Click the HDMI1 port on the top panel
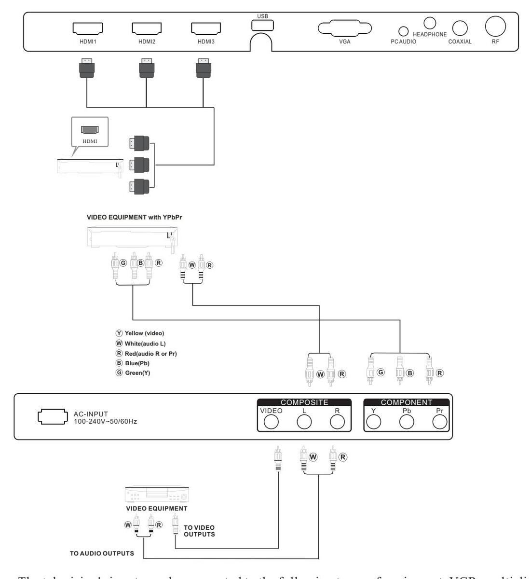87,28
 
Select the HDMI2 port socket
146,28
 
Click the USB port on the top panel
262,24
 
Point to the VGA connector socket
344,28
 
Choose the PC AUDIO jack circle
404,30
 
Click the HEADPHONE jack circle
430,22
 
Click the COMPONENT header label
407,402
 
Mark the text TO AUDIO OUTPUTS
102,553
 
